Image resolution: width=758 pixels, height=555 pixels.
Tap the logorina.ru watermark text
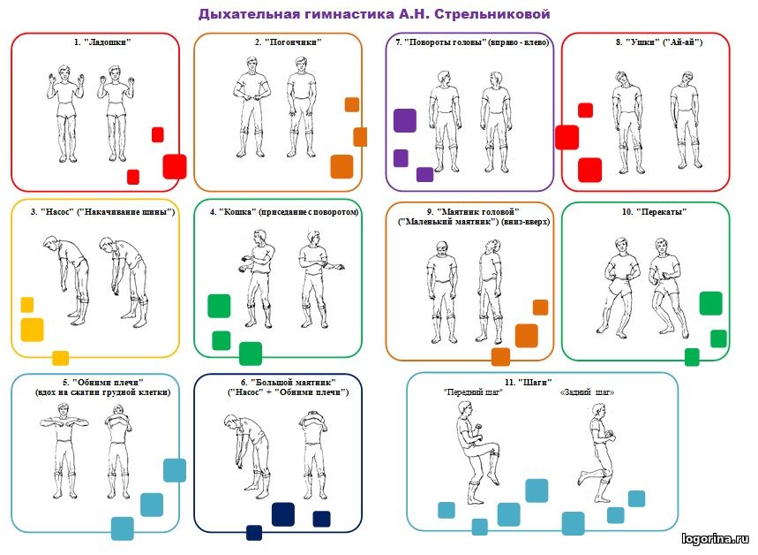(717, 537)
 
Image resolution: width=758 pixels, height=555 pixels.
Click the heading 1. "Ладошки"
(96, 42)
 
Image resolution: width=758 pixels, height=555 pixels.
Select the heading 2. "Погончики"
(287, 42)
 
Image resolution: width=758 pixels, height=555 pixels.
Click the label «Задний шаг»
(587, 392)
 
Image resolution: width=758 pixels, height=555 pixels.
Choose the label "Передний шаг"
(473, 392)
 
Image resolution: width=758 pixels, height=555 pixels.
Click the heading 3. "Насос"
(102, 212)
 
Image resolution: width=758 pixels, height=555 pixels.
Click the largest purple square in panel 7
(405, 120)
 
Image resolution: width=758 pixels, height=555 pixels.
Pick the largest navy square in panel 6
(282, 513)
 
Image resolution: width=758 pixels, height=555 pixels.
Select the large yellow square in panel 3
(32, 330)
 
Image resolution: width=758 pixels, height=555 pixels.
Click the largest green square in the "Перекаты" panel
(710, 303)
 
